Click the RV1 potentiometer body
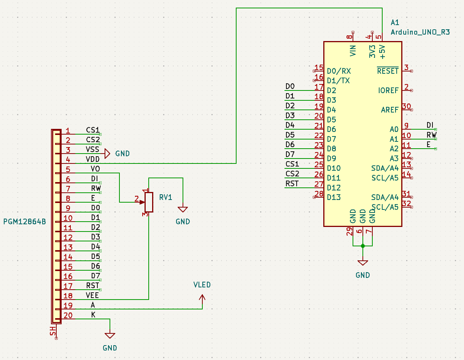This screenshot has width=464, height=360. (x=149, y=202)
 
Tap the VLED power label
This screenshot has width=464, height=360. (x=202, y=285)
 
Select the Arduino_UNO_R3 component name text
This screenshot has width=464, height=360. (x=420, y=32)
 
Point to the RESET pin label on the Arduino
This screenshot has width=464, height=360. (x=388, y=71)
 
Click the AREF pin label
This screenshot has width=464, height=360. (x=390, y=110)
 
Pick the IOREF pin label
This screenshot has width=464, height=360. (x=388, y=90)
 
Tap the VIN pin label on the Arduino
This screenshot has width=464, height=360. (x=353, y=51)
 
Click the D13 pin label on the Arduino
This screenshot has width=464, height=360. (x=334, y=197)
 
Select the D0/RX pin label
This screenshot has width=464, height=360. (x=339, y=71)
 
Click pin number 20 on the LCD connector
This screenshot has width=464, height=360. (x=68, y=315)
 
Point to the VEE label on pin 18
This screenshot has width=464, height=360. (x=93, y=295)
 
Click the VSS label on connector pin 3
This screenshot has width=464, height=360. (x=93, y=150)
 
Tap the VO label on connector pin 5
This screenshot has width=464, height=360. (x=95, y=169)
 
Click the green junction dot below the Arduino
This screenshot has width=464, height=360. (x=363, y=246)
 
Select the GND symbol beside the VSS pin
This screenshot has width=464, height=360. (x=108, y=153)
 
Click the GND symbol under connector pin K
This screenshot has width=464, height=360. (x=110, y=336)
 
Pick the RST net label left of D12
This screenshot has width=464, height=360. (x=292, y=184)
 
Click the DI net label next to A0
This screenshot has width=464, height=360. (x=430, y=125)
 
